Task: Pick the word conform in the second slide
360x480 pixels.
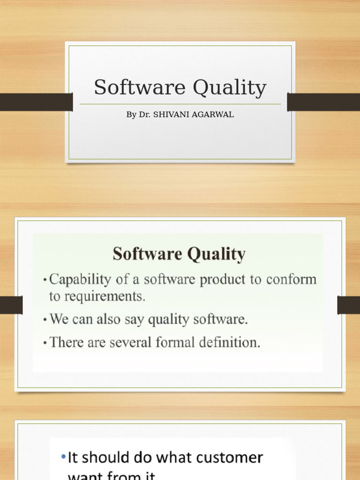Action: tap(291, 280)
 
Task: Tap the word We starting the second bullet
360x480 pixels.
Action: tap(59, 320)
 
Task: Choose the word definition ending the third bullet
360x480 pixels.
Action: tap(233, 342)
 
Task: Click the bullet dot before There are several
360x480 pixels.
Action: tap(45, 343)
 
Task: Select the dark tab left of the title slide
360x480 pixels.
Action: tap(36, 102)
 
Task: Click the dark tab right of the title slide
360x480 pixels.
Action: tap(323, 102)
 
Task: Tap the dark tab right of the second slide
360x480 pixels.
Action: tap(348, 305)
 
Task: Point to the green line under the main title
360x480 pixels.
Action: tap(180, 104)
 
